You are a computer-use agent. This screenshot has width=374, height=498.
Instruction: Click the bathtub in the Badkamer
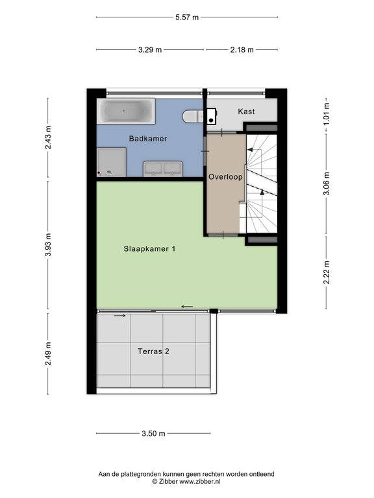click(126, 111)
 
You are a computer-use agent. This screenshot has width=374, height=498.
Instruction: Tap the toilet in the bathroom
click(193, 116)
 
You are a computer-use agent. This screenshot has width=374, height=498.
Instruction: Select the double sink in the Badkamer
click(163, 169)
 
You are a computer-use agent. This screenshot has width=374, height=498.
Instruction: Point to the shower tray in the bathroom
click(111, 162)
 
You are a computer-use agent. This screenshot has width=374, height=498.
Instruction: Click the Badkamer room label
click(148, 139)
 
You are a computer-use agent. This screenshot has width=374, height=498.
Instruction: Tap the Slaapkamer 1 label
click(149, 249)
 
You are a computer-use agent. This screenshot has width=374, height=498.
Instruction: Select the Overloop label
click(225, 177)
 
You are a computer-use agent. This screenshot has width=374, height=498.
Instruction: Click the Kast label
click(247, 112)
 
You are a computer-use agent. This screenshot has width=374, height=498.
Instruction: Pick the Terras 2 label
click(154, 351)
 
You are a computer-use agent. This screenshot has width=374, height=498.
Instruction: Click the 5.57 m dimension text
click(187, 17)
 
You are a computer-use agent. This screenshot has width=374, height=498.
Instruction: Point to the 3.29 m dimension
click(150, 49)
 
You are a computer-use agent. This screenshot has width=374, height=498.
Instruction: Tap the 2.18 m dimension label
click(242, 49)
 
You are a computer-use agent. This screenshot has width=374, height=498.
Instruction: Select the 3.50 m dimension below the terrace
click(154, 433)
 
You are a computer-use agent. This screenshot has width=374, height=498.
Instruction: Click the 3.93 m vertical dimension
click(48, 244)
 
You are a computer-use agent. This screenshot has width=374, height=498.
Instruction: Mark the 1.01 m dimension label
click(327, 113)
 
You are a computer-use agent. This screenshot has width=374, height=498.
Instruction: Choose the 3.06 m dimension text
click(327, 184)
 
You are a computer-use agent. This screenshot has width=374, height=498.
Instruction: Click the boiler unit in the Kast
click(211, 116)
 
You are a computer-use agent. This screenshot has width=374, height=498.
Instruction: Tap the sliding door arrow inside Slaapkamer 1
click(187, 307)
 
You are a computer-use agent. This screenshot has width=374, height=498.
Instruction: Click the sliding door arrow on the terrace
click(120, 316)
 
